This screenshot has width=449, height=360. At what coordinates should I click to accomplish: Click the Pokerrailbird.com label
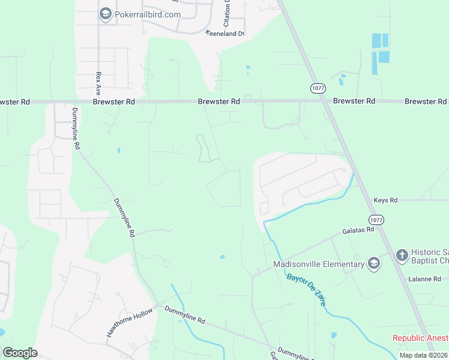[x=148, y=14]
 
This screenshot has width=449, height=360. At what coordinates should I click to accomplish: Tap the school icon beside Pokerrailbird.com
[x=106, y=14]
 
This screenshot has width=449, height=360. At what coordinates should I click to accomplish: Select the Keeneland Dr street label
[x=225, y=34]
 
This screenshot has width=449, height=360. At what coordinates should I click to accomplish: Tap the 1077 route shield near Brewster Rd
[x=318, y=88]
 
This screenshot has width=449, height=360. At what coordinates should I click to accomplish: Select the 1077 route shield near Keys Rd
[x=376, y=220]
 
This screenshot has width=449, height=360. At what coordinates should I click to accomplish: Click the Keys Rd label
[x=385, y=200]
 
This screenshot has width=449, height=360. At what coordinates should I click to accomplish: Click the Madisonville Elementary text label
[x=319, y=264]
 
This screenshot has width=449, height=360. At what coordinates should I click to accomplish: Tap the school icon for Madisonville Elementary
[x=374, y=264]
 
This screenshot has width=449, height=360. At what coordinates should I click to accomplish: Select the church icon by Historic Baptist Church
[x=402, y=256]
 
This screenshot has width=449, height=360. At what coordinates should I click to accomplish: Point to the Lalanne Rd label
[x=424, y=279]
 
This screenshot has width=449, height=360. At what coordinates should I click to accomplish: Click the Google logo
[x=20, y=353]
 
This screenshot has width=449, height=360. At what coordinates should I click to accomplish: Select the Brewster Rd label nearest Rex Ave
[x=113, y=102]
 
